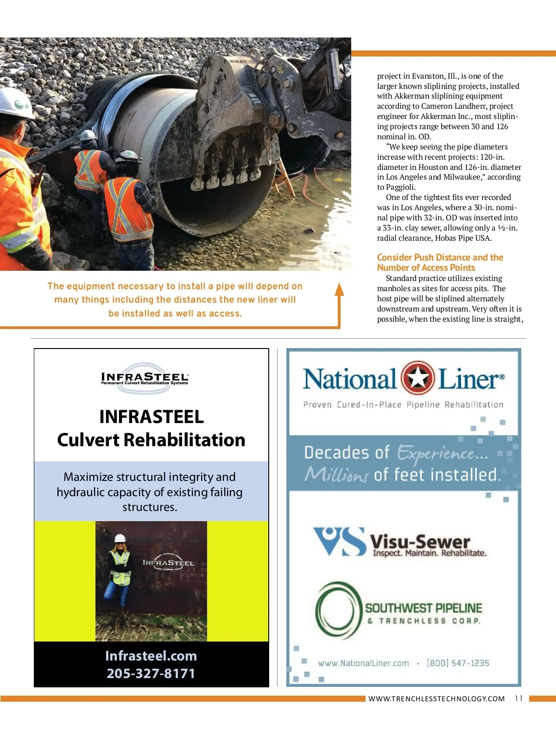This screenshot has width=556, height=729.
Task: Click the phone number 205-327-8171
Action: (151, 673)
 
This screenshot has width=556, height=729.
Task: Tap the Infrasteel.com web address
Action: (151, 656)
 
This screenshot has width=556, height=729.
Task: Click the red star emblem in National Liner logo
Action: (417, 378)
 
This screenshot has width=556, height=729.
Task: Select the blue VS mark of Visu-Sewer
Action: (340, 541)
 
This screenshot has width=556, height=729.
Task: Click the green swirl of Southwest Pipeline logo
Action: (338, 610)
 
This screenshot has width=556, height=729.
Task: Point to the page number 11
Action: (518, 698)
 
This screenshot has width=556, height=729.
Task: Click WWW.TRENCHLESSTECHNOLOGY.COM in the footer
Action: (436, 699)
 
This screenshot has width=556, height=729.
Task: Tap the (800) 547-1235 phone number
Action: (458, 663)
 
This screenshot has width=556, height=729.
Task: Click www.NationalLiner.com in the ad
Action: (363, 663)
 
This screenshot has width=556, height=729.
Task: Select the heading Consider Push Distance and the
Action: (440, 257)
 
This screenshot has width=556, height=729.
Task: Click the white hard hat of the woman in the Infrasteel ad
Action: (120, 538)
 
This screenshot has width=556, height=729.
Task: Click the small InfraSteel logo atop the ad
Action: (145, 378)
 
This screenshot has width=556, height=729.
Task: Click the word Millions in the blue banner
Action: (336, 474)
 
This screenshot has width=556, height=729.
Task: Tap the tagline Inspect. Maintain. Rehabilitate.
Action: (430, 553)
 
